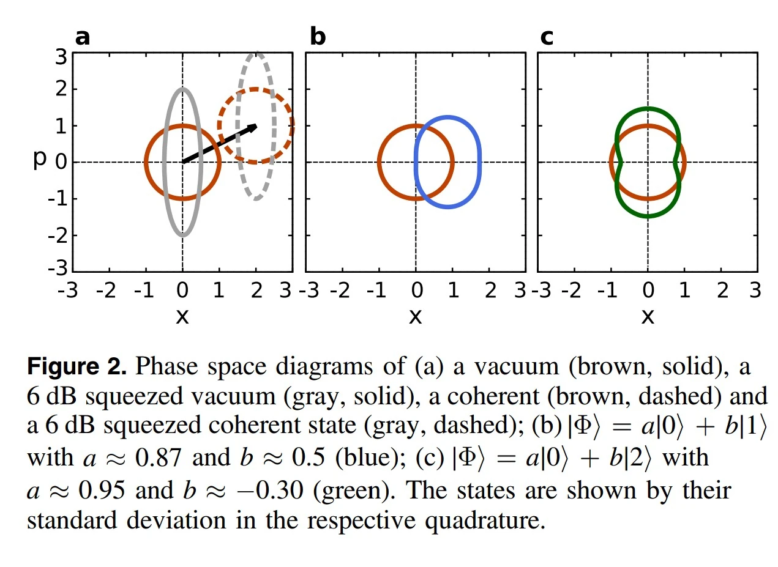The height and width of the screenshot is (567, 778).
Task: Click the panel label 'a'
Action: [x=82, y=37]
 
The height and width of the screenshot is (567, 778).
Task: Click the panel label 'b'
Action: [x=318, y=37]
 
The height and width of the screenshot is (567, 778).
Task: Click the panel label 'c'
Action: [x=547, y=37]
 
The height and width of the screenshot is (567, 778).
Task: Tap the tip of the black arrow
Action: [x=256, y=125]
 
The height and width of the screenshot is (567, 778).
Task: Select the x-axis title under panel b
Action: [x=415, y=316]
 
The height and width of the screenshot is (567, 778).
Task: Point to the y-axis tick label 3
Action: [x=61, y=57]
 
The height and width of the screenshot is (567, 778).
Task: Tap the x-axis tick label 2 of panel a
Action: [x=256, y=289]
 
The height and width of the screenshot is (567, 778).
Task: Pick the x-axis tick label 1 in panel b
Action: [x=453, y=289]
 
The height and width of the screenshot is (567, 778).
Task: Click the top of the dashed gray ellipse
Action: [x=257, y=53]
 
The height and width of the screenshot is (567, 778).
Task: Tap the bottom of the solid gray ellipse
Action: [x=182, y=235]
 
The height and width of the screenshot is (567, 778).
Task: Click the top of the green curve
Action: [x=648, y=108]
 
